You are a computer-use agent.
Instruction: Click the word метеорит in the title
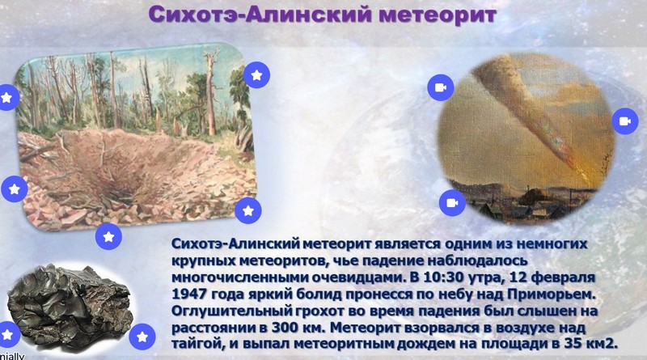(x=438, y=15)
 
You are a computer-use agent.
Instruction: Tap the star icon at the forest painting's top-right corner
(x=256, y=75)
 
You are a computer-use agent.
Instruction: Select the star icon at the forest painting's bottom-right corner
(x=248, y=210)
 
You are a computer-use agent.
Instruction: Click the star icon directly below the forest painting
(x=108, y=236)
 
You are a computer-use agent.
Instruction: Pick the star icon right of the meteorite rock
(x=142, y=337)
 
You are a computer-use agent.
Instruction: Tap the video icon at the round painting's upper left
(x=441, y=87)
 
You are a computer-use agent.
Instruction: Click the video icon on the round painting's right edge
(x=625, y=121)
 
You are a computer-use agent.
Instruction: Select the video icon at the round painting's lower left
(x=452, y=203)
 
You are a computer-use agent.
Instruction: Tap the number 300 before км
(x=285, y=328)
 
